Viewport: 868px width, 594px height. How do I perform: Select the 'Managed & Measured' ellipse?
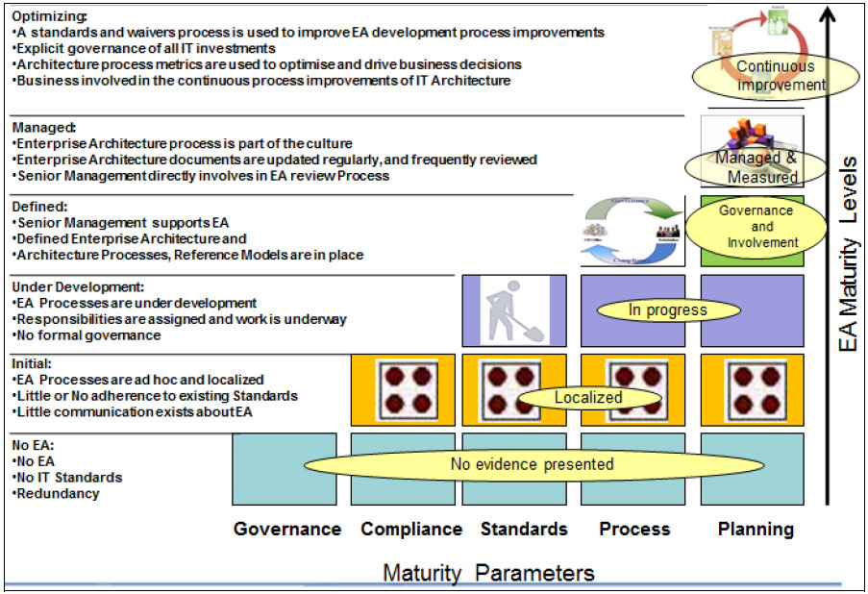coord(756,167)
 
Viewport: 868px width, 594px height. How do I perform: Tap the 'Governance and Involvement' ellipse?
coord(756,226)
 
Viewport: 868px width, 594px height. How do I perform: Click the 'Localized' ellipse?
coord(587,397)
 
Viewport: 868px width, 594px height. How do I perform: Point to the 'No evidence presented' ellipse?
coord(532,465)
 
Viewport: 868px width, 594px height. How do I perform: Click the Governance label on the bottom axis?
coord(287,529)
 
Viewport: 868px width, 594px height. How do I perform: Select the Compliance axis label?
coord(411,529)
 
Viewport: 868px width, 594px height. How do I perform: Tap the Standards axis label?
coord(524,529)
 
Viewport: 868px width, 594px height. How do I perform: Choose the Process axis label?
coord(634,529)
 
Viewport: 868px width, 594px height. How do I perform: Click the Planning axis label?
coord(756,529)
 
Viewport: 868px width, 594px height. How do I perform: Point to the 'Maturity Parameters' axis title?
coord(488,574)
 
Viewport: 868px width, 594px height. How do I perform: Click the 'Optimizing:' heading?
coord(49,16)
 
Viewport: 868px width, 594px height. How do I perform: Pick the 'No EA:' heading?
coord(35,446)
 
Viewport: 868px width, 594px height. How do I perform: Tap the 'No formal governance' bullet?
coord(87,335)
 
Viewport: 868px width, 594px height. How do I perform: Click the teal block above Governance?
coord(285,468)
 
